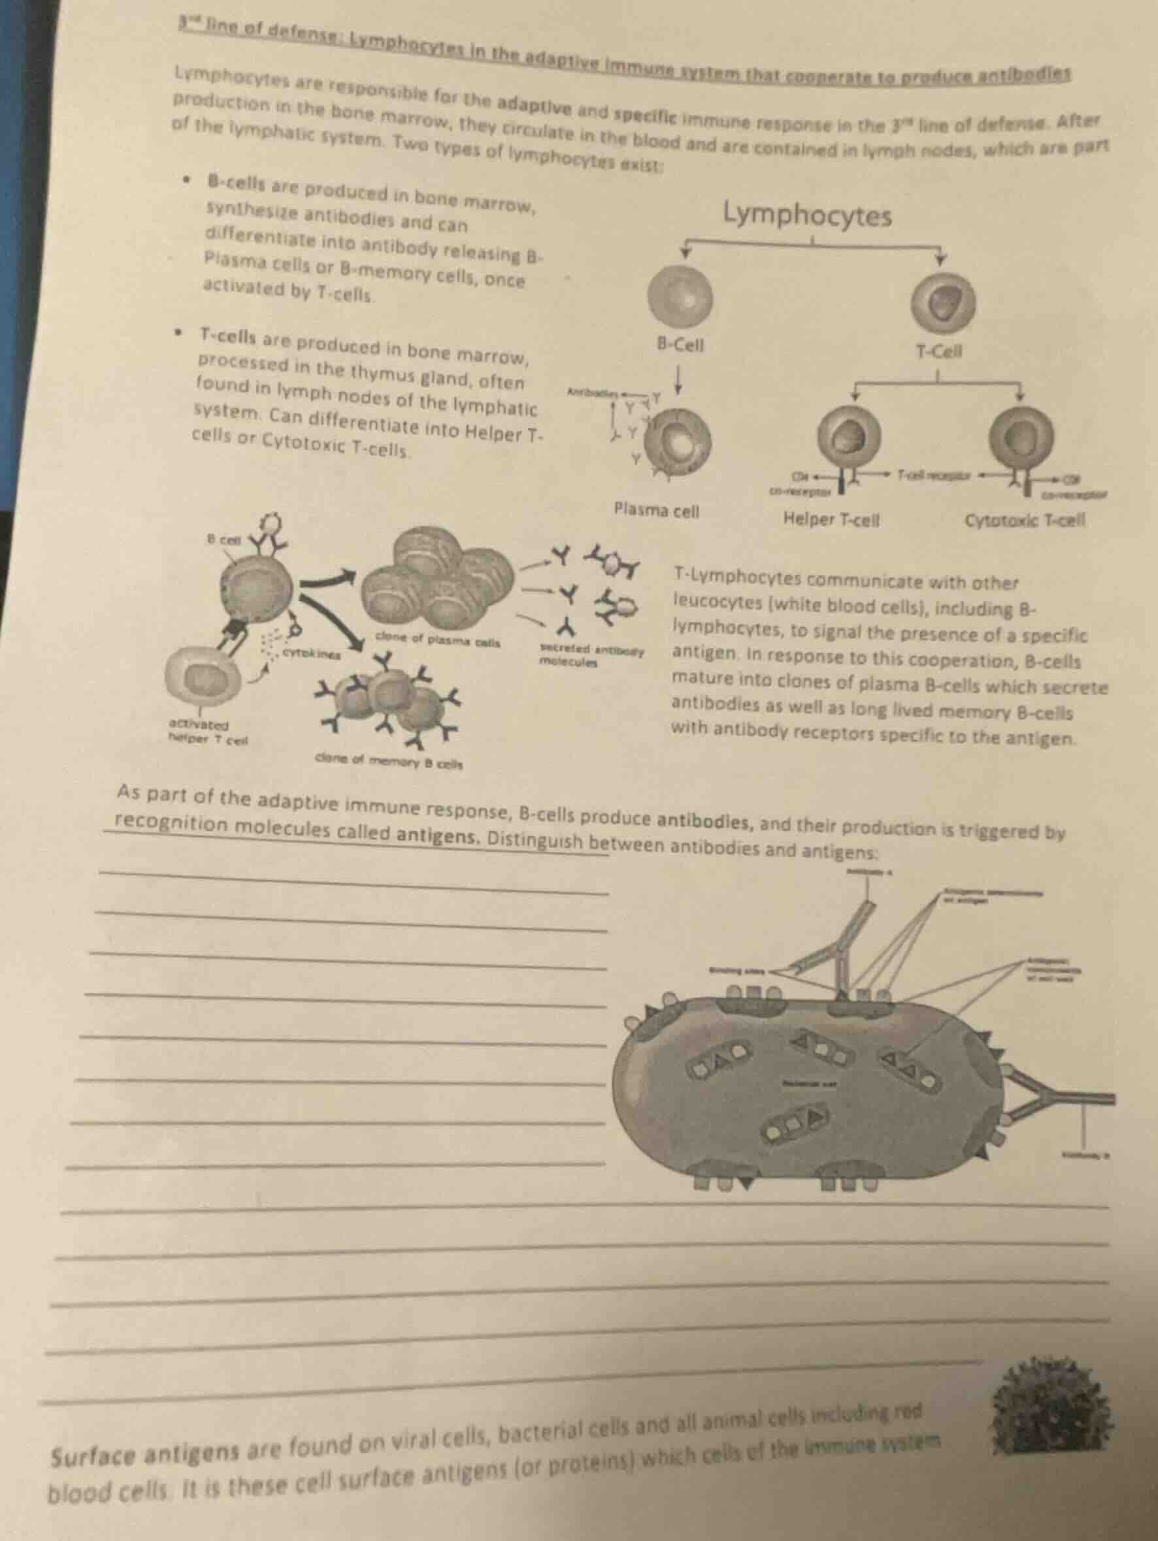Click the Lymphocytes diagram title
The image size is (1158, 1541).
point(807,217)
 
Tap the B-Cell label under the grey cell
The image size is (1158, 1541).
point(680,345)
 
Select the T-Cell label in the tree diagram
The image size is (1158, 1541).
point(939,352)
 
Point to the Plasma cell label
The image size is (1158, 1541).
point(655,511)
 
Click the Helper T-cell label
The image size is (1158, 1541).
point(831,519)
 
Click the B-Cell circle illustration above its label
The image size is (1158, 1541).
point(681,295)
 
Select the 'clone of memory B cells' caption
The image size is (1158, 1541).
point(389,763)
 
